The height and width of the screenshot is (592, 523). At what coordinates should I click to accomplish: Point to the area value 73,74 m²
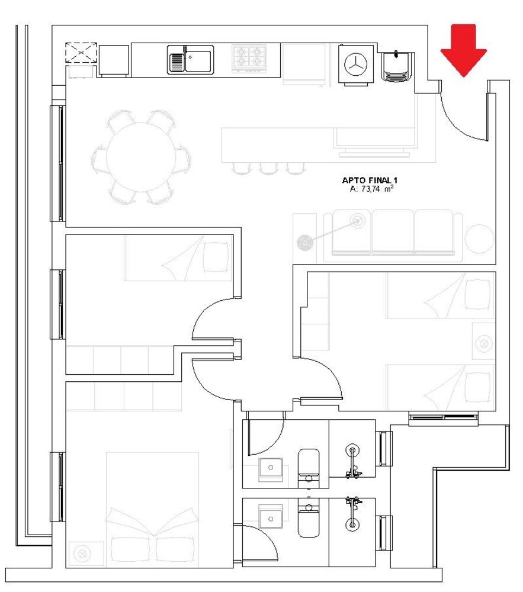[372, 189]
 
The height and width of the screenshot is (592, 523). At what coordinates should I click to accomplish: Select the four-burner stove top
[248, 57]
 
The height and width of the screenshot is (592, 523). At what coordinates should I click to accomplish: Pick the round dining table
[141, 157]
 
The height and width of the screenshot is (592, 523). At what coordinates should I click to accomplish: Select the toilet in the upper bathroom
[308, 468]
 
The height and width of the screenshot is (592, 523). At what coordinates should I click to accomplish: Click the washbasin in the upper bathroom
[271, 468]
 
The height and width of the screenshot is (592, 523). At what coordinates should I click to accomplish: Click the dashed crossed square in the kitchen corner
[81, 53]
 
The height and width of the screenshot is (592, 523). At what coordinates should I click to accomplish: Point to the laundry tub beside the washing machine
[396, 66]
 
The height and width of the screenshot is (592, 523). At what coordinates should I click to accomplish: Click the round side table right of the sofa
[479, 240]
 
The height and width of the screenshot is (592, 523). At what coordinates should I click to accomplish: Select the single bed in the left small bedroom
[178, 258]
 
